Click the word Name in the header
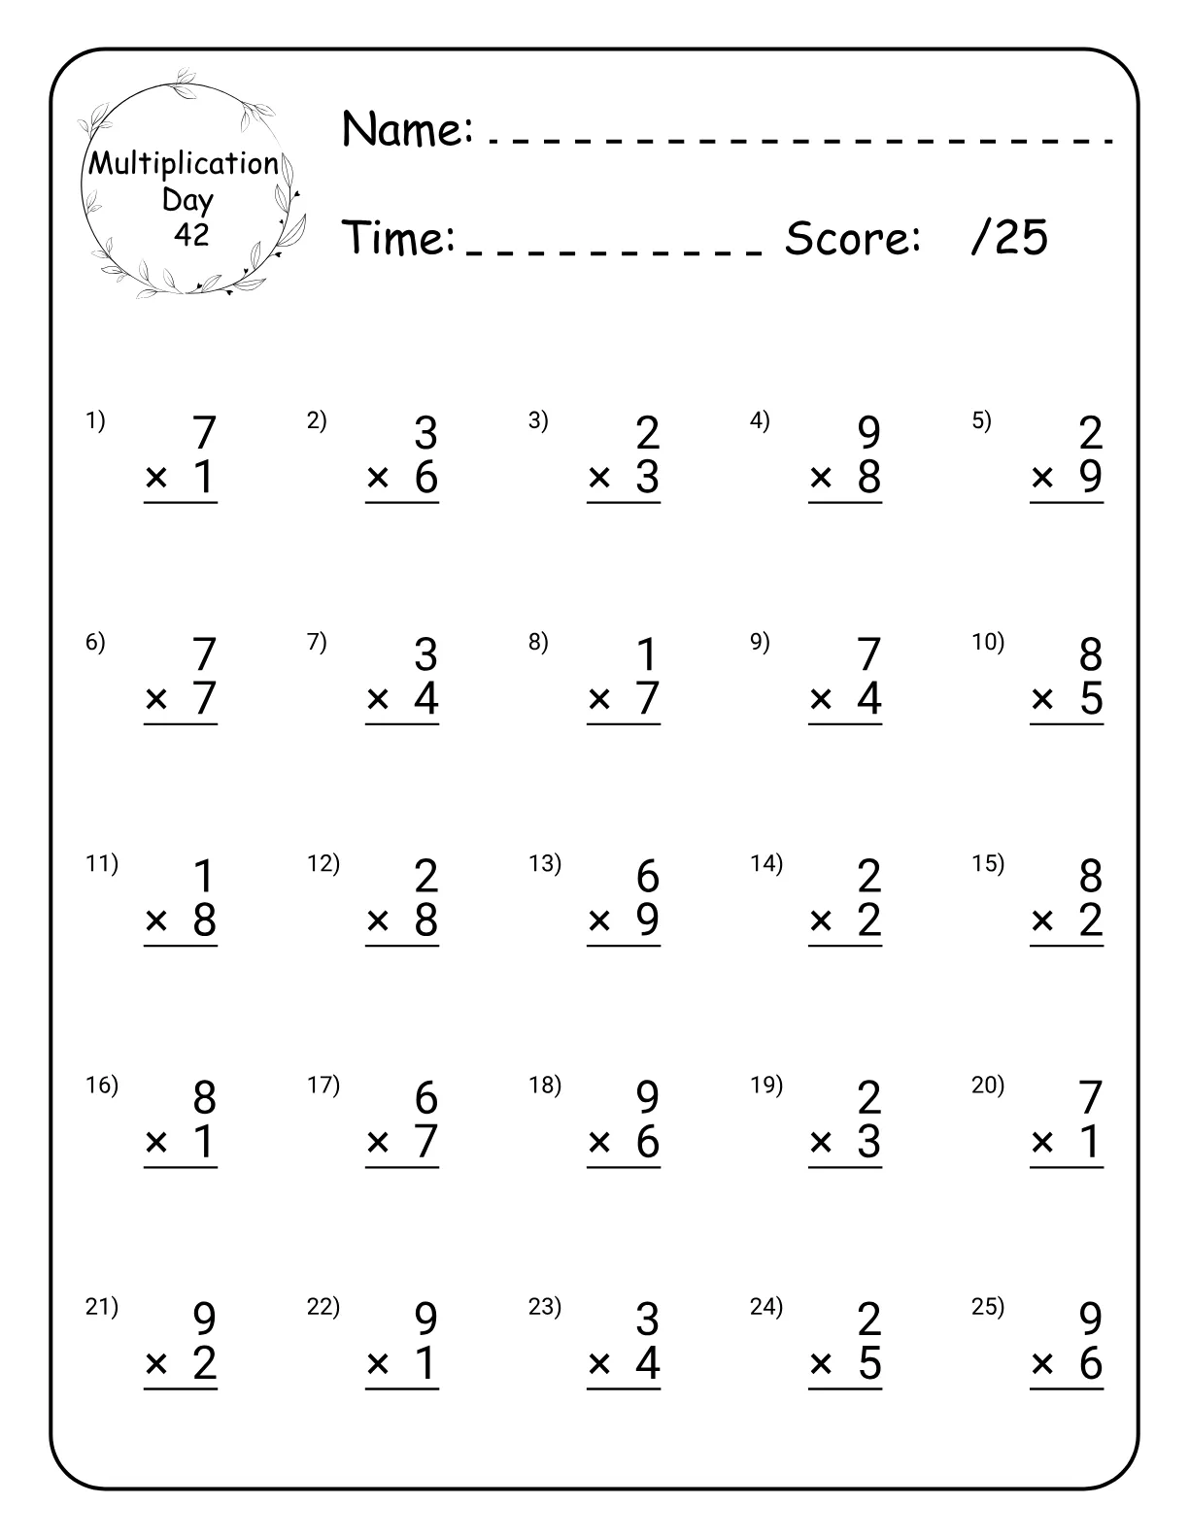(x=407, y=128)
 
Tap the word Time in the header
(x=398, y=238)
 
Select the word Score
(x=852, y=238)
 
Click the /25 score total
(x=1009, y=238)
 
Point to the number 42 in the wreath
(x=190, y=234)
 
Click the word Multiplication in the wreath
(x=185, y=163)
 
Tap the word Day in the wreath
(x=187, y=200)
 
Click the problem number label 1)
(x=95, y=420)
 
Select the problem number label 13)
(x=544, y=863)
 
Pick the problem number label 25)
(x=988, y=1307)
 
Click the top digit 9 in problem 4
(x=868, y=433)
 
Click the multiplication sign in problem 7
(x=378, y=699)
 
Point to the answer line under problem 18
(x=624, y=1167)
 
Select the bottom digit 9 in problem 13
(x=648, y=920)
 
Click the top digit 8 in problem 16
(x=204, y=1098)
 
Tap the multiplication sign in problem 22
(x=378, y=1365)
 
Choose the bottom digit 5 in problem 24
(x=869, y=1364)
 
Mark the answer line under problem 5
(x=1067, y=503)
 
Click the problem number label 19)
(x=766, y=1085)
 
